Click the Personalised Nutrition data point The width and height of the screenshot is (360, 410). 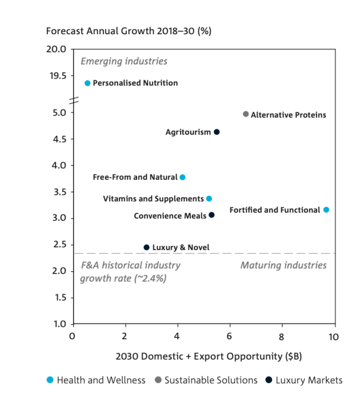point(87,83)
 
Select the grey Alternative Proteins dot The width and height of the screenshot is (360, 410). point(246,114)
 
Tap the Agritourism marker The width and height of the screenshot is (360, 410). point(217,132)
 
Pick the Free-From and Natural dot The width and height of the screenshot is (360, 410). point(182,177)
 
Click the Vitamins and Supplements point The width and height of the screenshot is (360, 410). point(209,199)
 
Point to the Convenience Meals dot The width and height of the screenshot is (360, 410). point(211,215)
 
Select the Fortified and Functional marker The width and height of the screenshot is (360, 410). point(326,210)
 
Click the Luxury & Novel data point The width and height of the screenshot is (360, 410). point(146,247)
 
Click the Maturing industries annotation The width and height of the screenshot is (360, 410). point(283,265)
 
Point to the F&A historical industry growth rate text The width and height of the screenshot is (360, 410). point(130,272)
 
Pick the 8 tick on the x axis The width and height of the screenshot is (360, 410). point(282,337)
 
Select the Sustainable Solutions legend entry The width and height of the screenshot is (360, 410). point(206,380)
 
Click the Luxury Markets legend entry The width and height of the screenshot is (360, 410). point(304,380)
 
